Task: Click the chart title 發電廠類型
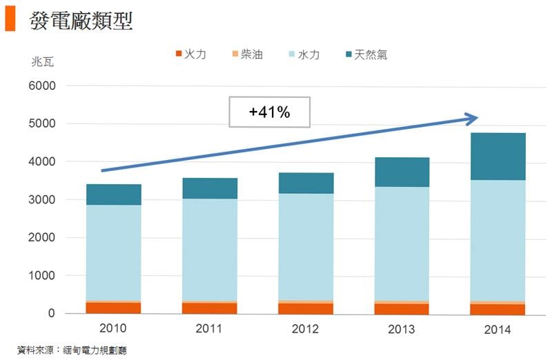[81, 20]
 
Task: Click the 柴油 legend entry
[246, 54]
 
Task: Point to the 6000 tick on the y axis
[41, 86]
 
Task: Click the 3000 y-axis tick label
[41, 200]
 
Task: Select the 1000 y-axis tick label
[41, 276]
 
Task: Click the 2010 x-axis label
[113, 328]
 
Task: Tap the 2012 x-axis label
[306, 328]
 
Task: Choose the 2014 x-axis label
[497, 330]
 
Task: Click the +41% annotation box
[270, 112]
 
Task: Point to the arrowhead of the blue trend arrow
[473, 119]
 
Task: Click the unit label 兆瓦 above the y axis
[42, 61]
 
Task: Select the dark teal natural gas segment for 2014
[497, 156]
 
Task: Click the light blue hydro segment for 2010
[114, 252]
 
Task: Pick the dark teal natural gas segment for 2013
[402, 172]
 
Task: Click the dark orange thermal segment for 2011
[210, 308]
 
